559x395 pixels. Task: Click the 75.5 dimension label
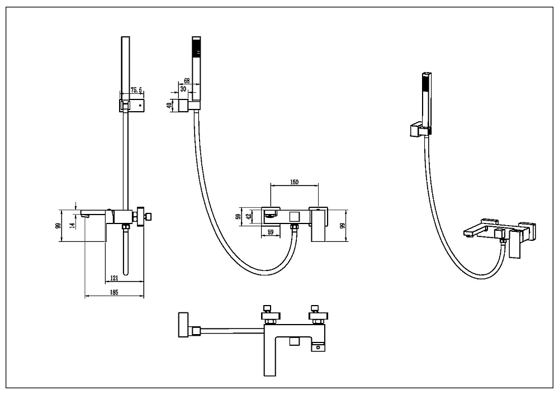point(136,90)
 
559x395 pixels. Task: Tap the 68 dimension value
point(187,81)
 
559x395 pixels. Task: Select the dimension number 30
point(183,89)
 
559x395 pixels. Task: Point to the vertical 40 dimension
point(169,106)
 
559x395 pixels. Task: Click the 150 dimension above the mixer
point(294,182)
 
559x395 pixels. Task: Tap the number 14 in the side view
point(72,225)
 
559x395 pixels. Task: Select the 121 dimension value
point(114,278)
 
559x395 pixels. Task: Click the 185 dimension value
point(113,292)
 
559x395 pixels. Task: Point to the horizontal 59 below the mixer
point(270,232)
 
